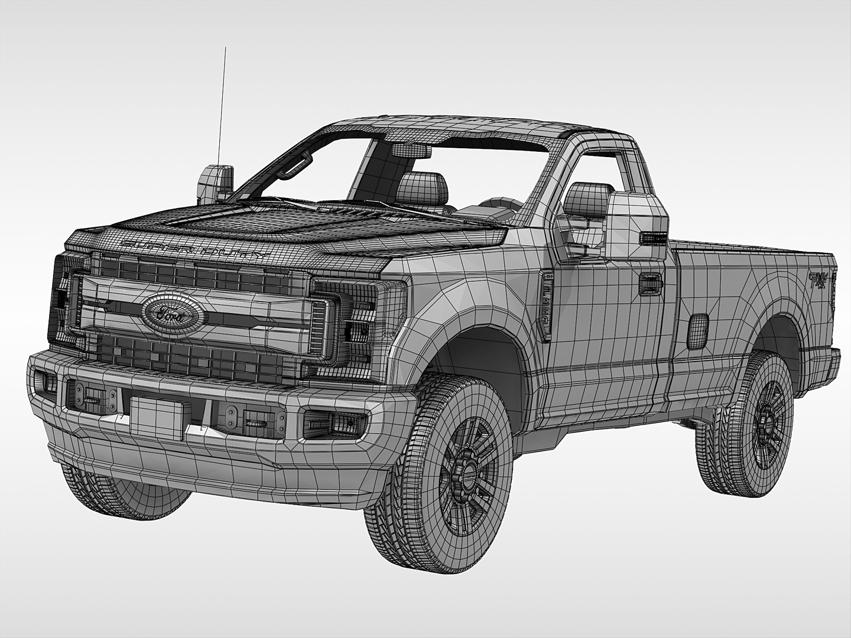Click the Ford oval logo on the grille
[x=172, y=313]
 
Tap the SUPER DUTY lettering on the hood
[x=195, y=249]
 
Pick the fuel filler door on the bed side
[x=699, y=330]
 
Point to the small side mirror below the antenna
[x=214, y=182]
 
